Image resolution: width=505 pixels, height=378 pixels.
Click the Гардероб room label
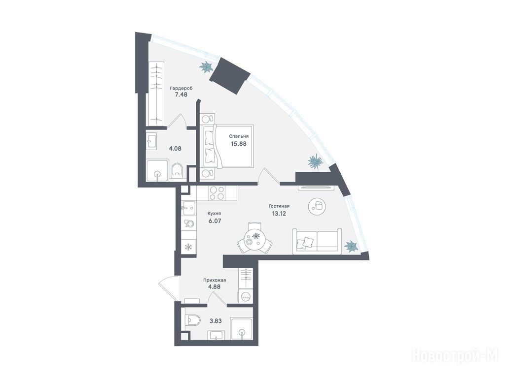click(x=181, y=88)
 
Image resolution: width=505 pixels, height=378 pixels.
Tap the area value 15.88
click(x=239, y=144)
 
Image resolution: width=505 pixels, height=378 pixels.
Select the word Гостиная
click(x=279, y=206)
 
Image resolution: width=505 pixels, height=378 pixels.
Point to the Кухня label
click(x=214, y=214)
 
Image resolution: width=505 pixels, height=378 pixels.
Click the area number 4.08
click(x=175, y=149)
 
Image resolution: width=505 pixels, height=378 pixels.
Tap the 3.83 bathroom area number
click(x=216, y=320)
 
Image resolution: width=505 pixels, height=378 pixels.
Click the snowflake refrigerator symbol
click(x=188, y=247)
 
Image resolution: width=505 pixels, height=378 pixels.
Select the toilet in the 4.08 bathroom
click(x=177, y=170)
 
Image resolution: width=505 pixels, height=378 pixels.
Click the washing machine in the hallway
click(x=246, y=295)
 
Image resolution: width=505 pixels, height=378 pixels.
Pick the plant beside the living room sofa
click(x=351, y=247)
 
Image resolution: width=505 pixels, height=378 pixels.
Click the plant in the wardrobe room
click(x=206, y=67)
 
